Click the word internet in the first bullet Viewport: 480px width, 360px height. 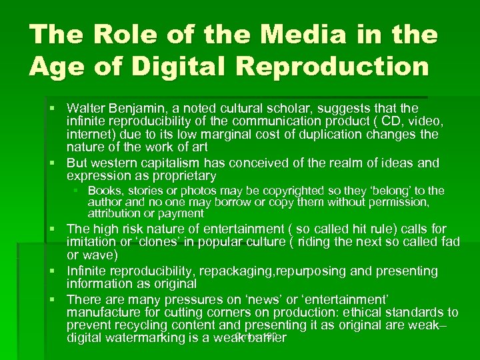tap(88, 134)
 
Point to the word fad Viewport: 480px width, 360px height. tap(450, 242)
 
